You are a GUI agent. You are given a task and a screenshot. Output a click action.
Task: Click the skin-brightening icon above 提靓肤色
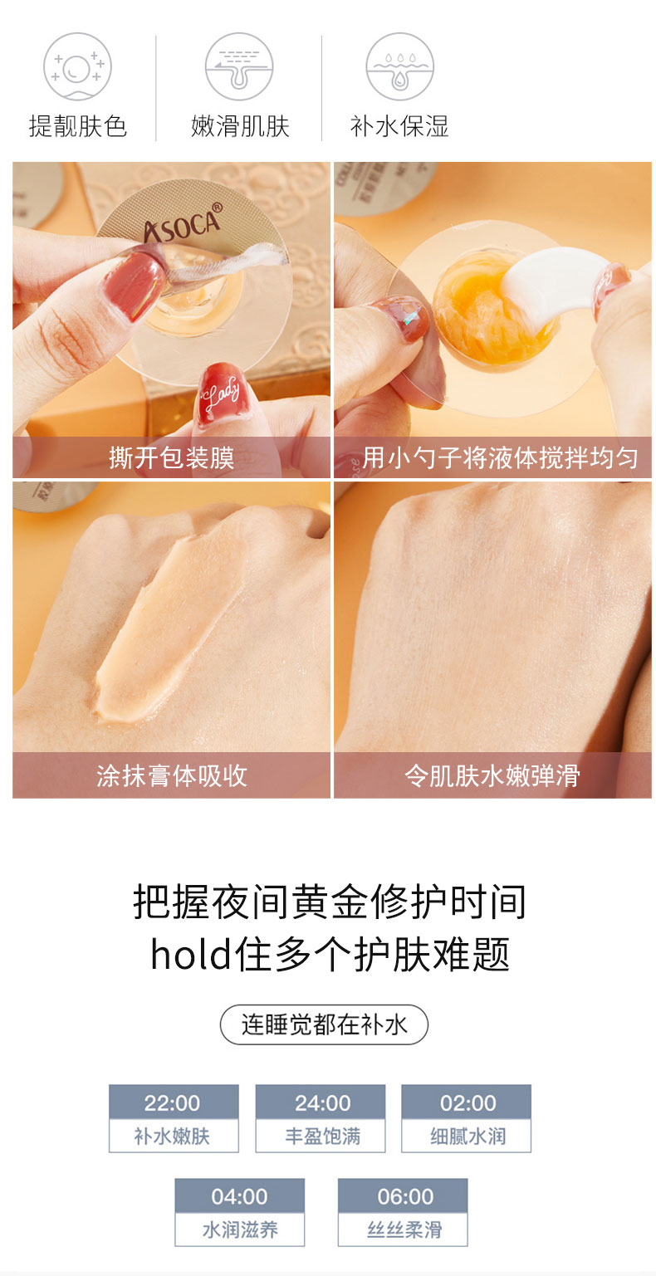pyautogui.click(x=77, y=66)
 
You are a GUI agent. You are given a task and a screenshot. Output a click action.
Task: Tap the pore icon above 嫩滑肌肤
pyautogui.click(x=239, y=66)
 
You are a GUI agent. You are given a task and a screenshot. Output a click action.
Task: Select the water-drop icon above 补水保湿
pyautogui.click(x=399, y=66)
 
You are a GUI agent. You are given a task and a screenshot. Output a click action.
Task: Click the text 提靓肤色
pyautogui.click(x=77, y=126)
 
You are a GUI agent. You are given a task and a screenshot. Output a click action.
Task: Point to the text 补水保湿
pyautogui.click(x=399, y=126)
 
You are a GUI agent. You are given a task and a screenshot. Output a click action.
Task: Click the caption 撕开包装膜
pyautogui.click(x=172, y=457)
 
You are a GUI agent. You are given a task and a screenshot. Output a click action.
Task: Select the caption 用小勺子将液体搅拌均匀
pyautogui.click(x=500, y=457)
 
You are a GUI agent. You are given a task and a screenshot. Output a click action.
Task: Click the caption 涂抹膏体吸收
pyautogui.click(x=172, y=775)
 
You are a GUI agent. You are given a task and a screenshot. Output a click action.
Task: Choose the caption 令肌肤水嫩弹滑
pyautogui.click(x=492, y=775)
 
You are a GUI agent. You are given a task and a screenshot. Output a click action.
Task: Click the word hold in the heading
pyautogui.click(x=190, y=955)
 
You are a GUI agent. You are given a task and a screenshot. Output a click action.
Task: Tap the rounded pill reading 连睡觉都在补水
pyautogui.click(x=324, y=1024)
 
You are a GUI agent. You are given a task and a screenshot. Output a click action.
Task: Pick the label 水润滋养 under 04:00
pyautogui.click(x=240, y=1230)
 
